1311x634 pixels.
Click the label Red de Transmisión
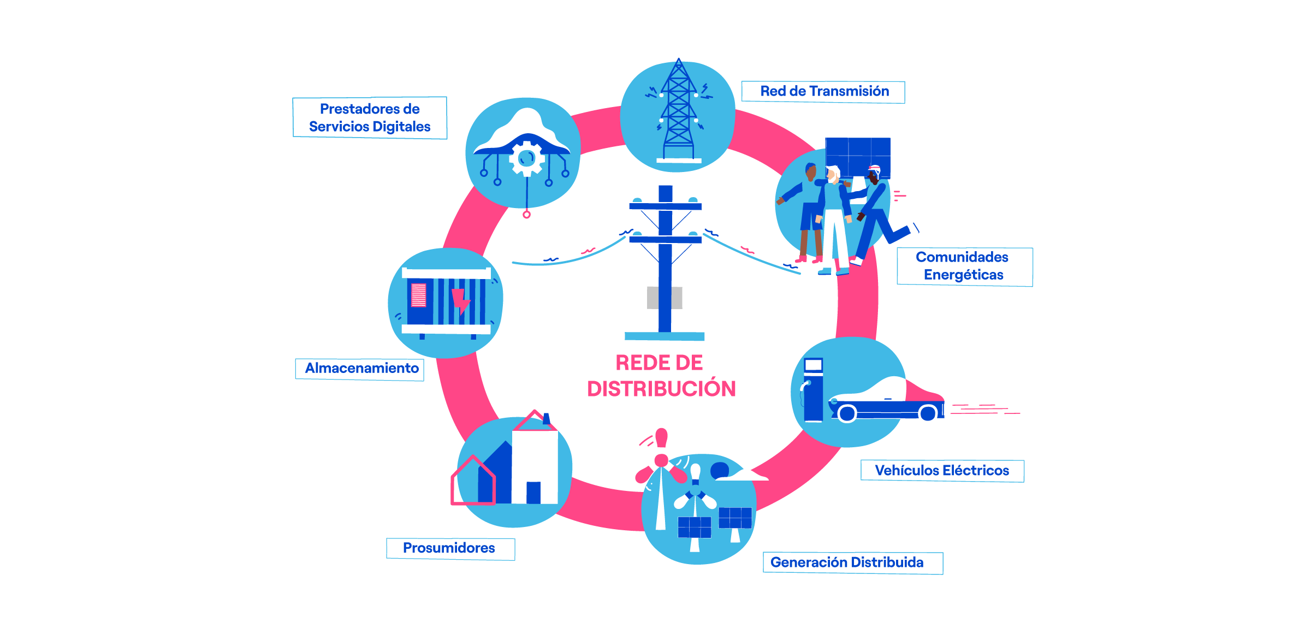824,91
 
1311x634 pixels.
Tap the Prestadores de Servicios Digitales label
370,118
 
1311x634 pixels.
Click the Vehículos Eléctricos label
942,471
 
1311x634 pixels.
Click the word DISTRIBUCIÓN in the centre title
661,389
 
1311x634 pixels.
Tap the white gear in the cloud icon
527,159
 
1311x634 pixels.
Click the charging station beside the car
813,390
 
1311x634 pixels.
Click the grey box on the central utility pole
665,298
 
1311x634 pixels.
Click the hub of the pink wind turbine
661,460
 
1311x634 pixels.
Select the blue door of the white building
533,493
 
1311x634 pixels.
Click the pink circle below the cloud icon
526,215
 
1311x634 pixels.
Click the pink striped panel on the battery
418,295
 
